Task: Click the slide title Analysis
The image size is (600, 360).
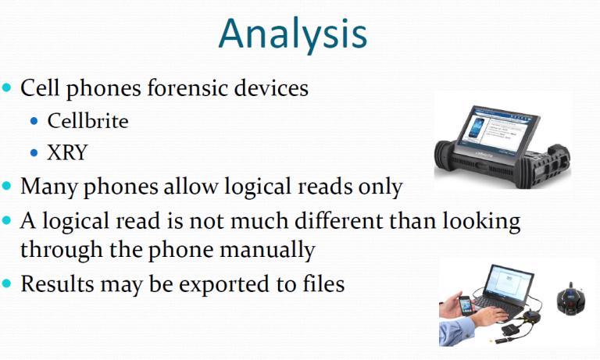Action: pos(293,34)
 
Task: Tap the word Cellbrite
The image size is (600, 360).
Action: pos(87,121)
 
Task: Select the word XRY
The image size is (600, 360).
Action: pos(67,152)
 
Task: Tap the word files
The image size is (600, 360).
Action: pos(323,283)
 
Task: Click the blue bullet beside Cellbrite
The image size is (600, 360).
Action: pos(34,122)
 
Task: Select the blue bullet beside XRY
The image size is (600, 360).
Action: pos(34,153)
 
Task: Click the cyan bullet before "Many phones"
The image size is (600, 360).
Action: pos(6,187)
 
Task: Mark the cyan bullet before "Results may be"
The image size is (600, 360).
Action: pos(6,284)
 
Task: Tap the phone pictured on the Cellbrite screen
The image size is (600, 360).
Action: pos(477,128)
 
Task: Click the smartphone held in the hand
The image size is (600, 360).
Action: pos(466,305)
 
